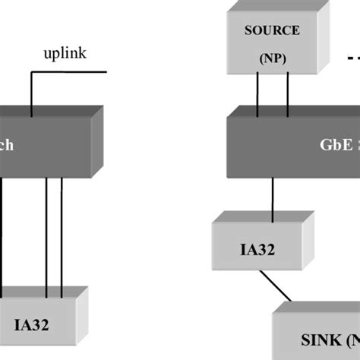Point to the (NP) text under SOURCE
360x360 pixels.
[272, 56]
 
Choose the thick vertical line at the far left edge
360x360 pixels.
[2, 235]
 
